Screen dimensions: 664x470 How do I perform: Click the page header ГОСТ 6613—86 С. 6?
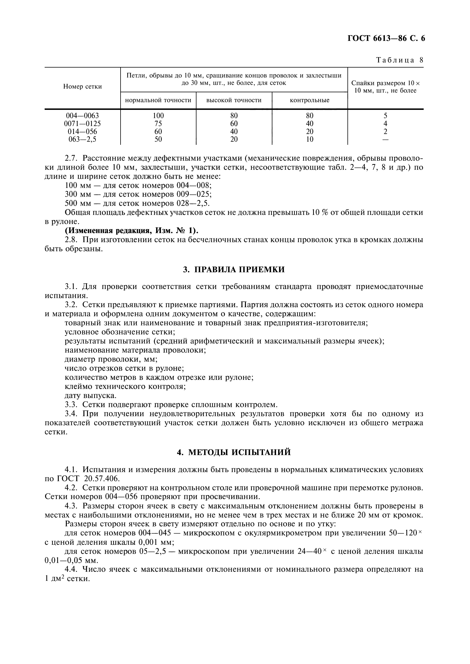pyautogui.click(x=386, y=38)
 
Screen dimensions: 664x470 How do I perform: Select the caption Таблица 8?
pyautogui.click(x=400, y=60)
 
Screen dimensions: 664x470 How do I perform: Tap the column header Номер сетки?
pyautogui.click(x=82, y=87)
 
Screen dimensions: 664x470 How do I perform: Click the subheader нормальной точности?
pyautogui.click(x=158, y=100)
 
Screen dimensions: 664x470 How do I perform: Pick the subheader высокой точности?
pyautogui.click(x=234, y=100)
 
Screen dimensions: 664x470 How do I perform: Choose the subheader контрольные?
pyautogui.click(x=310, y=100)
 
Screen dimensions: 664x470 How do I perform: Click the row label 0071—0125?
pyautogui.click(x=82, y=124)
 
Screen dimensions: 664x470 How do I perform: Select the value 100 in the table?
pyautogui.click(x=158, y=116)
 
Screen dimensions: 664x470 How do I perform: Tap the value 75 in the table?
pyautogui.click(x=158, y=124)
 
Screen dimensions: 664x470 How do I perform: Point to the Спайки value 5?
pyautogui.click(x=385, y=116)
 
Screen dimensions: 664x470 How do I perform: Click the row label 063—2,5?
pyautogui.click(x=82, y=139)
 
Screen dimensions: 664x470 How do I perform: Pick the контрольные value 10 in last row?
pyautogui.click(x=310, y=139)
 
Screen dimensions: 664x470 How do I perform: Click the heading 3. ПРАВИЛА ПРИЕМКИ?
pyautogui.click(x=234, y=269)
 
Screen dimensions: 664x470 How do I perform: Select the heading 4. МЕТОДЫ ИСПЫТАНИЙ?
pyautogui.click(x=234, y=452)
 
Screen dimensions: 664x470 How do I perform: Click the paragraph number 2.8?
pyautogui.click(x=71, y=240)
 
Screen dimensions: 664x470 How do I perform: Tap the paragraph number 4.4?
pyautogui.click(x=71, y=569)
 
